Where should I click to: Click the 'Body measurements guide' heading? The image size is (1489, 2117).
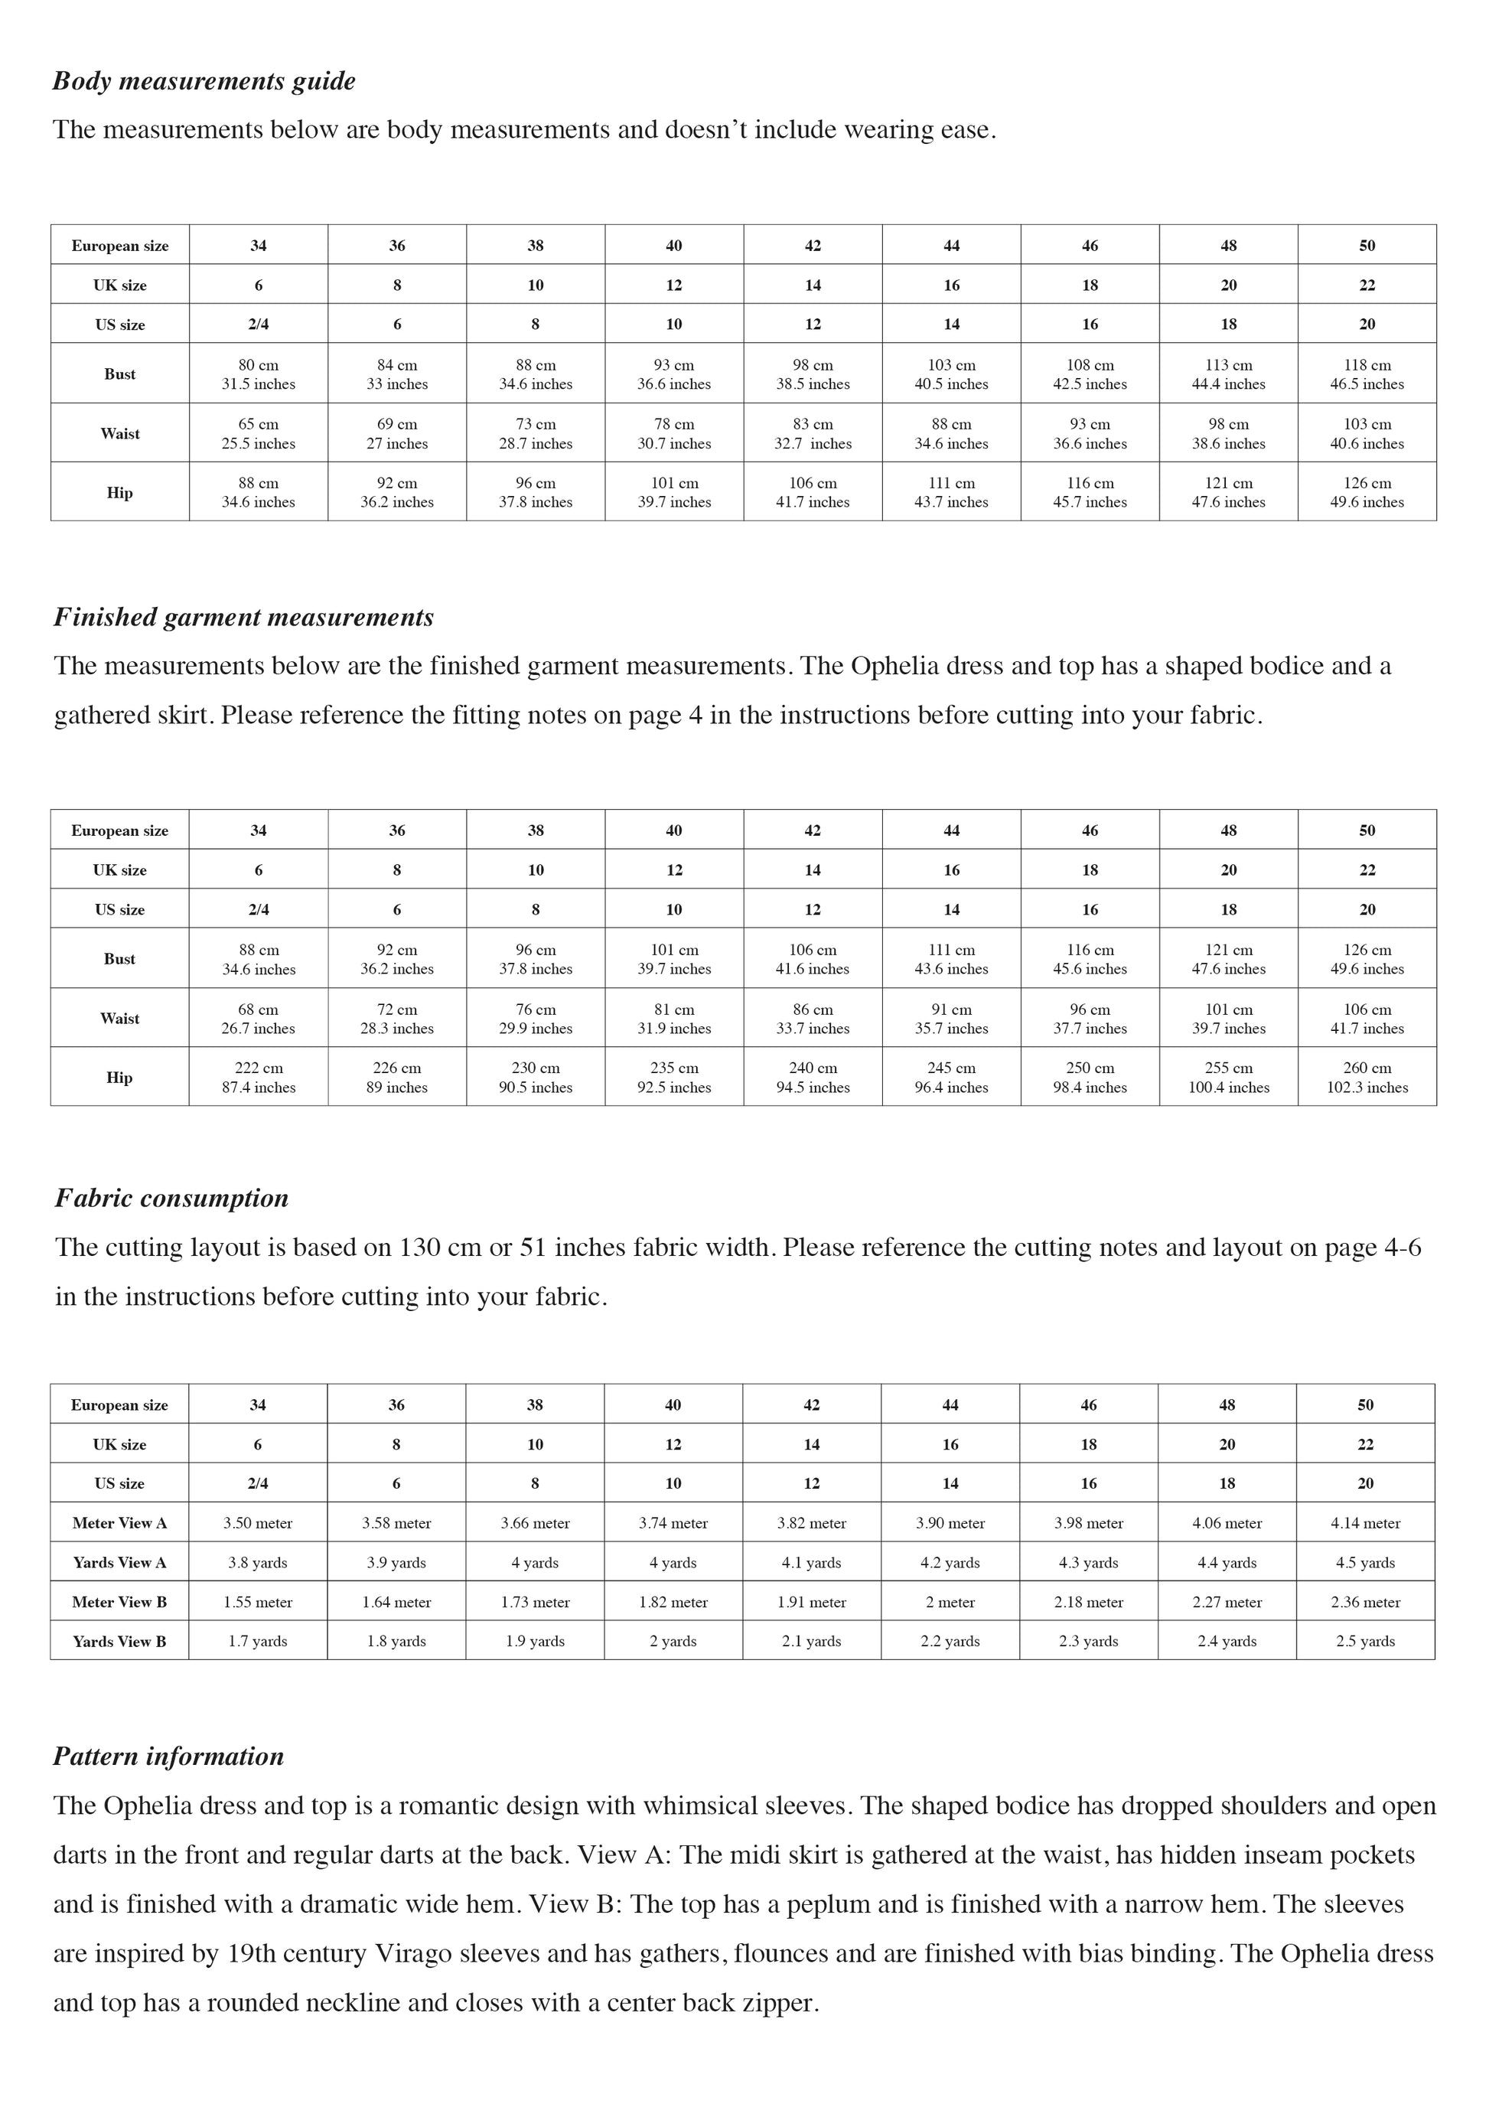[x=204, y=81]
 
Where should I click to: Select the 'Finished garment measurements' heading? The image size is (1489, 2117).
[x=243, y=617]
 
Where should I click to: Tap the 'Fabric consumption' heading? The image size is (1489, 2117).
[x=171, y=1198]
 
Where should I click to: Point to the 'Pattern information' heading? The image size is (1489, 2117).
[x=169, y=1756]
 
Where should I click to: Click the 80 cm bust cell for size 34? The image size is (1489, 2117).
[x=258, y=373]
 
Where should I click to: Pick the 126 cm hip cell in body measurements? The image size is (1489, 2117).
[x=1367, y=491]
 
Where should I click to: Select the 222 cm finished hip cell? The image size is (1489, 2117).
[x=258, y=1077]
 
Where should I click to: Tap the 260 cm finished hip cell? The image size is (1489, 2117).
[x=1367, y=1077]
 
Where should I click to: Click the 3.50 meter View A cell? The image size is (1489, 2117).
[x=258, y=1523]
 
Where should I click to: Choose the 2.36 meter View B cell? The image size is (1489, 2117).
[x=1366, y=1603]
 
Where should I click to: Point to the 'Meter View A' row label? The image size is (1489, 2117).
[x=120, y=1523]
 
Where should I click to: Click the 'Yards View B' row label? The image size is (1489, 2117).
[x=120, y=1641]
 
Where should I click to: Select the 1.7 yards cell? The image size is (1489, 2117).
[x=258, y=1641]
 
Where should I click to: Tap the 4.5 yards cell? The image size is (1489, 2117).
[x=1366, y=1563]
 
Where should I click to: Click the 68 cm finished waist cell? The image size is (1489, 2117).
[x=258, y=1018]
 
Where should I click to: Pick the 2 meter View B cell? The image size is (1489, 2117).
[x=950, y=1603]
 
